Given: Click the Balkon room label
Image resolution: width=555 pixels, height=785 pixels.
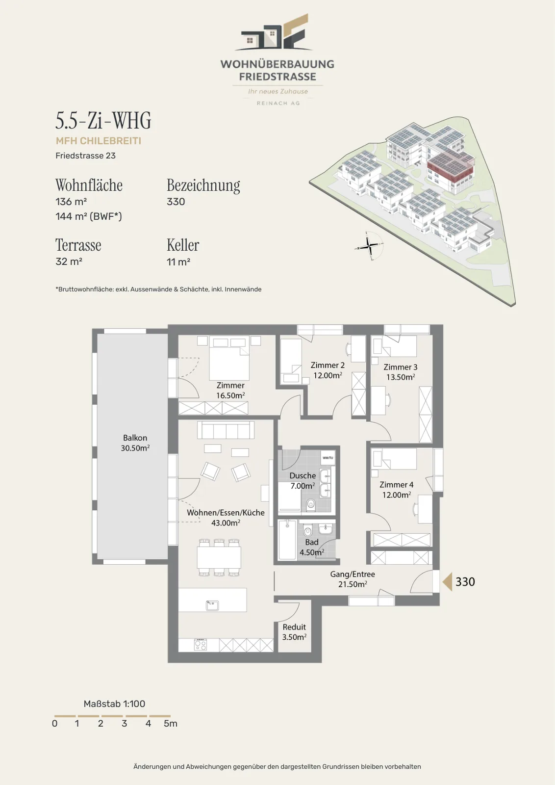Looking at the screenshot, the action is click(x=135, y=443).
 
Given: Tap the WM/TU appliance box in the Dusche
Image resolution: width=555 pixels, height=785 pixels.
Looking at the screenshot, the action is click(x=328, y=458).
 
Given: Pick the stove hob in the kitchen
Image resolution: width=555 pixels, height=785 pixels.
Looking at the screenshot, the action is click(x=201, y=645).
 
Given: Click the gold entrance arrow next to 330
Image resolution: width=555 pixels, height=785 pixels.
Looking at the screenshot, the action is click(x=447, y=582).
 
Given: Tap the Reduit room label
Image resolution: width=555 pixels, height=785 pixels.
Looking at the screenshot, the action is click(x=295, y=632).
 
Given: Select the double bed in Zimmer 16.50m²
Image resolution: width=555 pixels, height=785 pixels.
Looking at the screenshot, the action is click(x=229, y=358).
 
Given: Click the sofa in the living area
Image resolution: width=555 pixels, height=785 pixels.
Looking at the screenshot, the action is click(x=226, y=430).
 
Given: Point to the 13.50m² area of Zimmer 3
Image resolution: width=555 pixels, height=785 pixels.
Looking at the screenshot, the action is click(x=401, y=377).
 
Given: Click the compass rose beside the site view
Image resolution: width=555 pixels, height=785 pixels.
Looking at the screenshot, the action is click(x=369, y=246).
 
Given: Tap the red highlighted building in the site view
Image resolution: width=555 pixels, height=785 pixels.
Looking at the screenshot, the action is click(x=451, y=168).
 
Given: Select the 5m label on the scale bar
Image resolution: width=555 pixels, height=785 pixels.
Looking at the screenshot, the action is click(x=171, y=723).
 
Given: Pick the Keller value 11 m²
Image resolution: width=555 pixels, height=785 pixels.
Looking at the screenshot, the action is click(x=178, y=262).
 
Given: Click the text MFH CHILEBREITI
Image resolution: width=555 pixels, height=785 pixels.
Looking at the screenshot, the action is click(x=99, y=141).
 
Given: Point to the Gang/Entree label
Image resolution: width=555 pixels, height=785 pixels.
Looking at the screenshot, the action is click(x=353, y=574).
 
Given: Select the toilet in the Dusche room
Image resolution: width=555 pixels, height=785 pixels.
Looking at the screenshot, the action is click(x=310, y=505).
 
